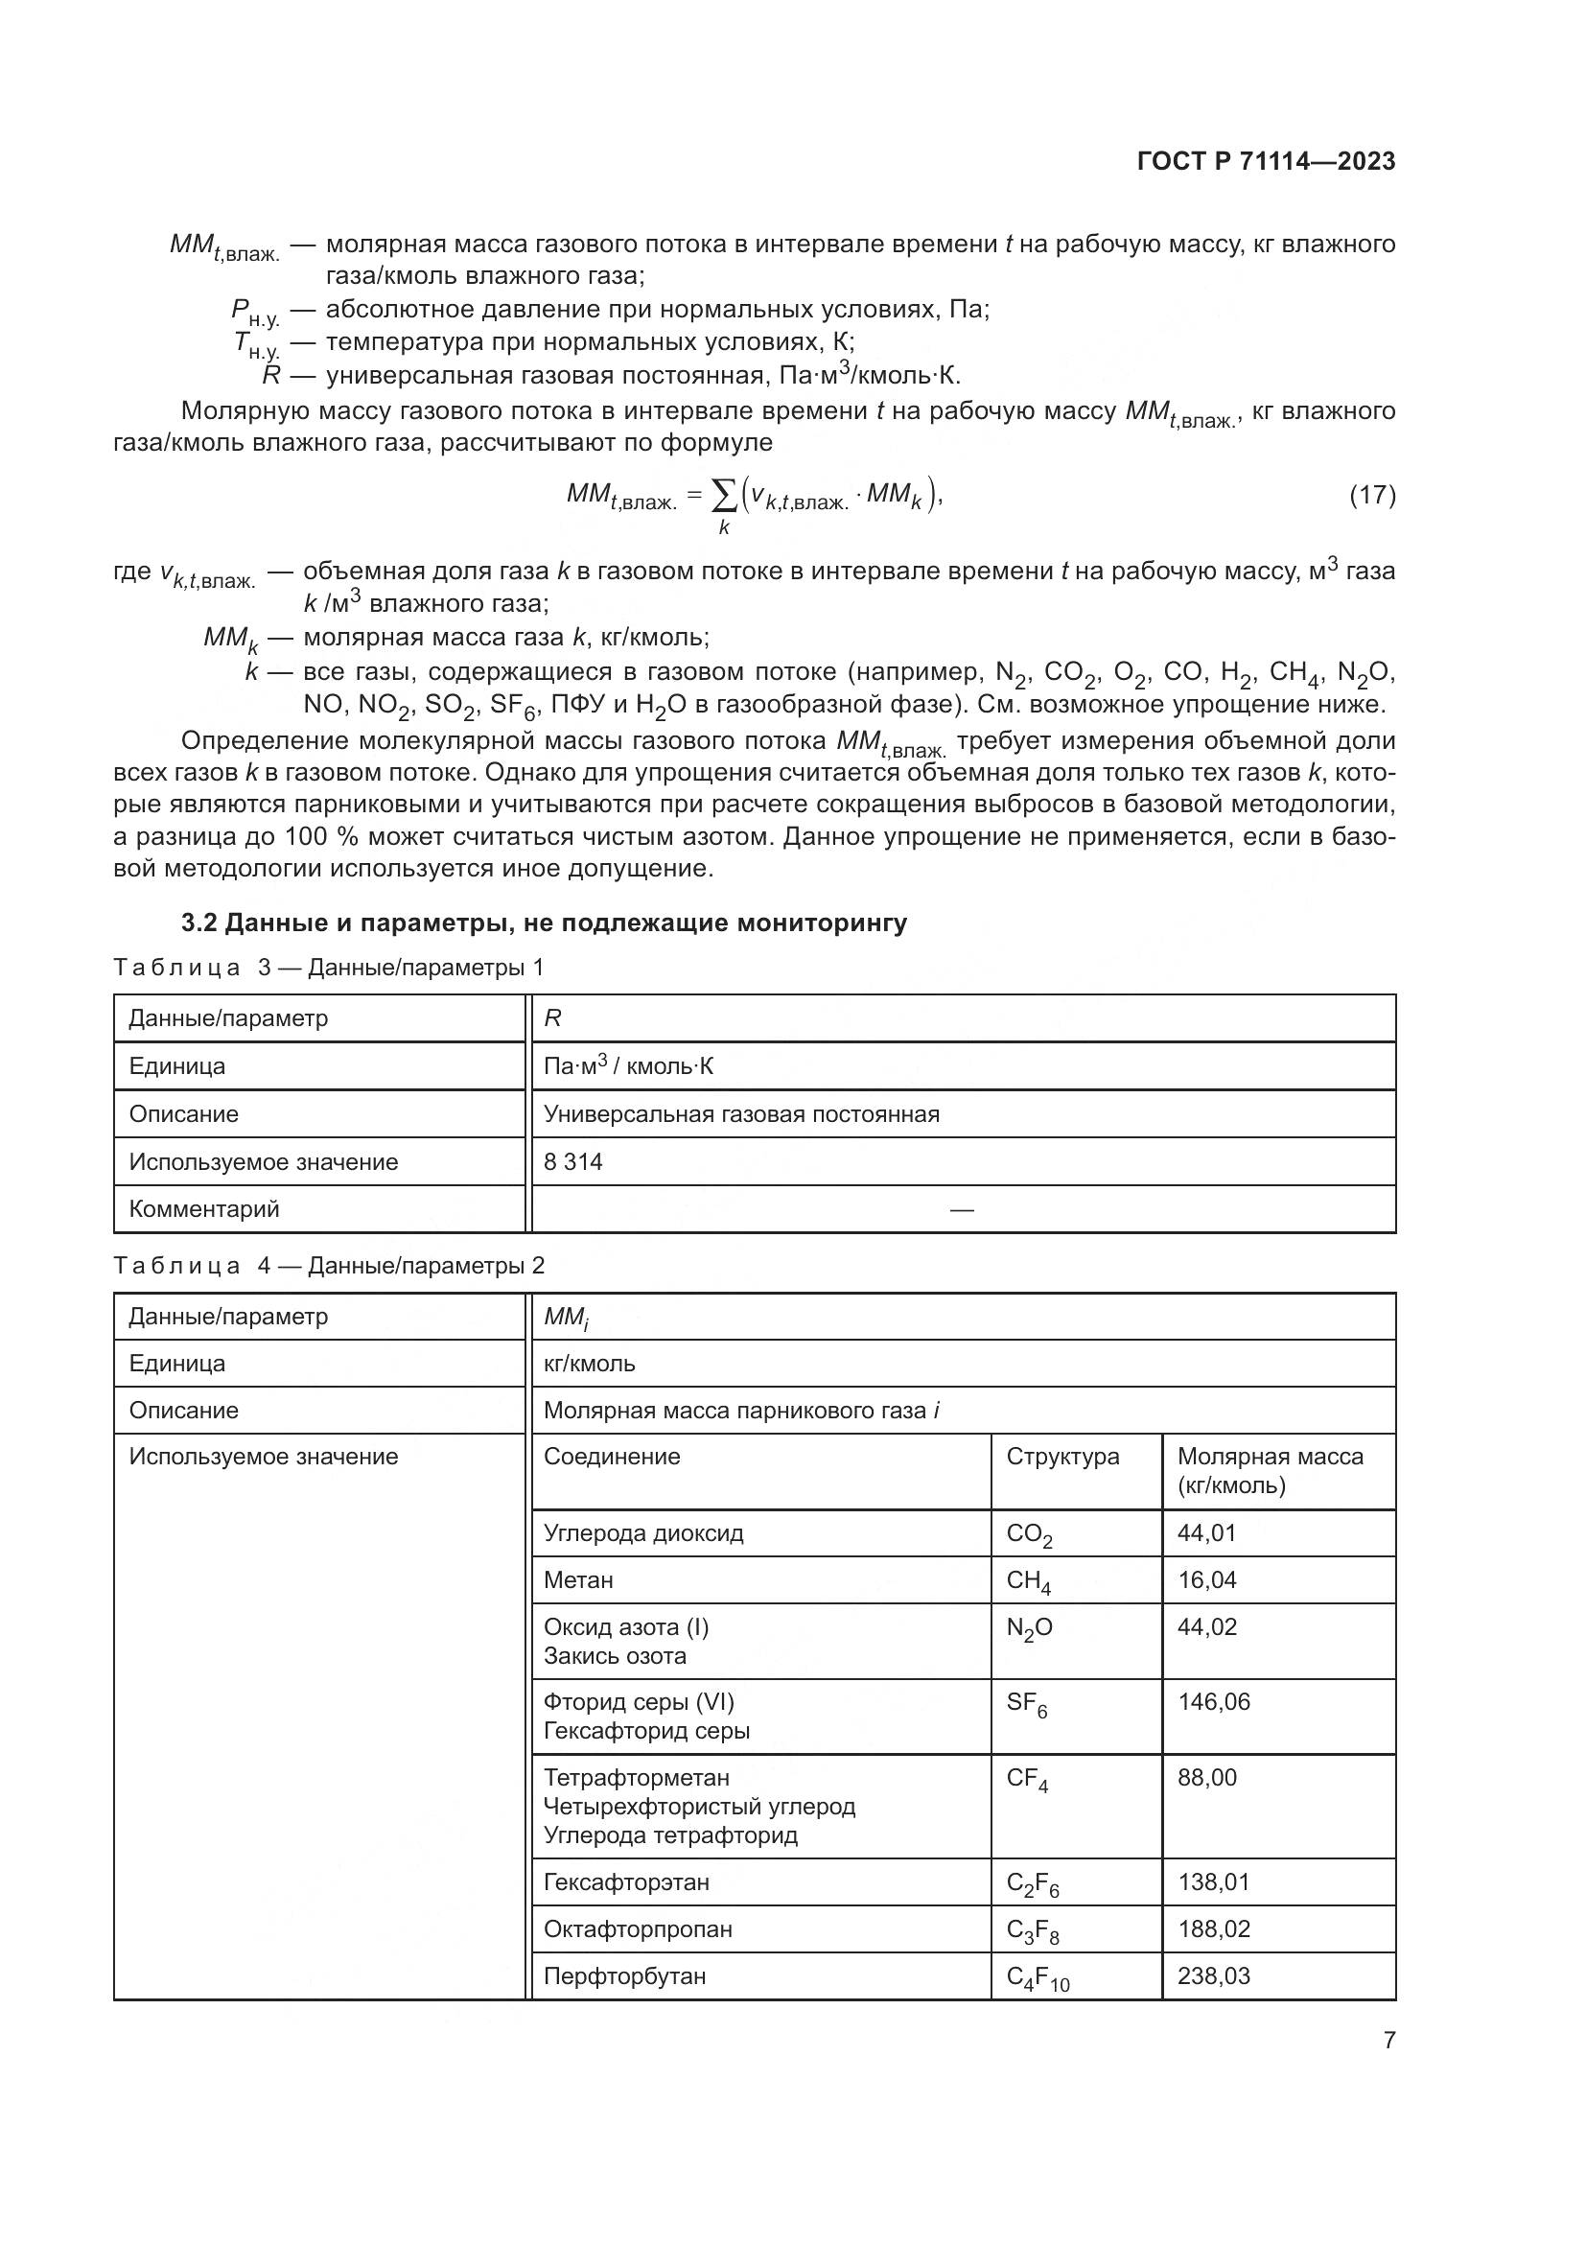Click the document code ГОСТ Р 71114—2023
coord(1266,162)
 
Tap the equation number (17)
coord(1371,495)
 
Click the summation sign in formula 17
coord(724,499)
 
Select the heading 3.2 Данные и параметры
coord(544,923)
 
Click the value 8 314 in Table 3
coord(573,1161)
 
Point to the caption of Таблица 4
coord(329,1266)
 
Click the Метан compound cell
coord(578,1579)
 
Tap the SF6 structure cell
coord(1026,1704)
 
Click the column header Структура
coord(1062,1457)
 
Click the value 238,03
coord(1213,1975)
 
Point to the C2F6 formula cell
coord(1032,1883)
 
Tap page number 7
coord(1388,2040)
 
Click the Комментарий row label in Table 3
coord(204,1209)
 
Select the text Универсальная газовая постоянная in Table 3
coord(741,1114)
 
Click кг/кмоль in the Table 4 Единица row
coord(589,1364)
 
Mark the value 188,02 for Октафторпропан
coord(1213,1928)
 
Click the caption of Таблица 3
coord(329,969)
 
